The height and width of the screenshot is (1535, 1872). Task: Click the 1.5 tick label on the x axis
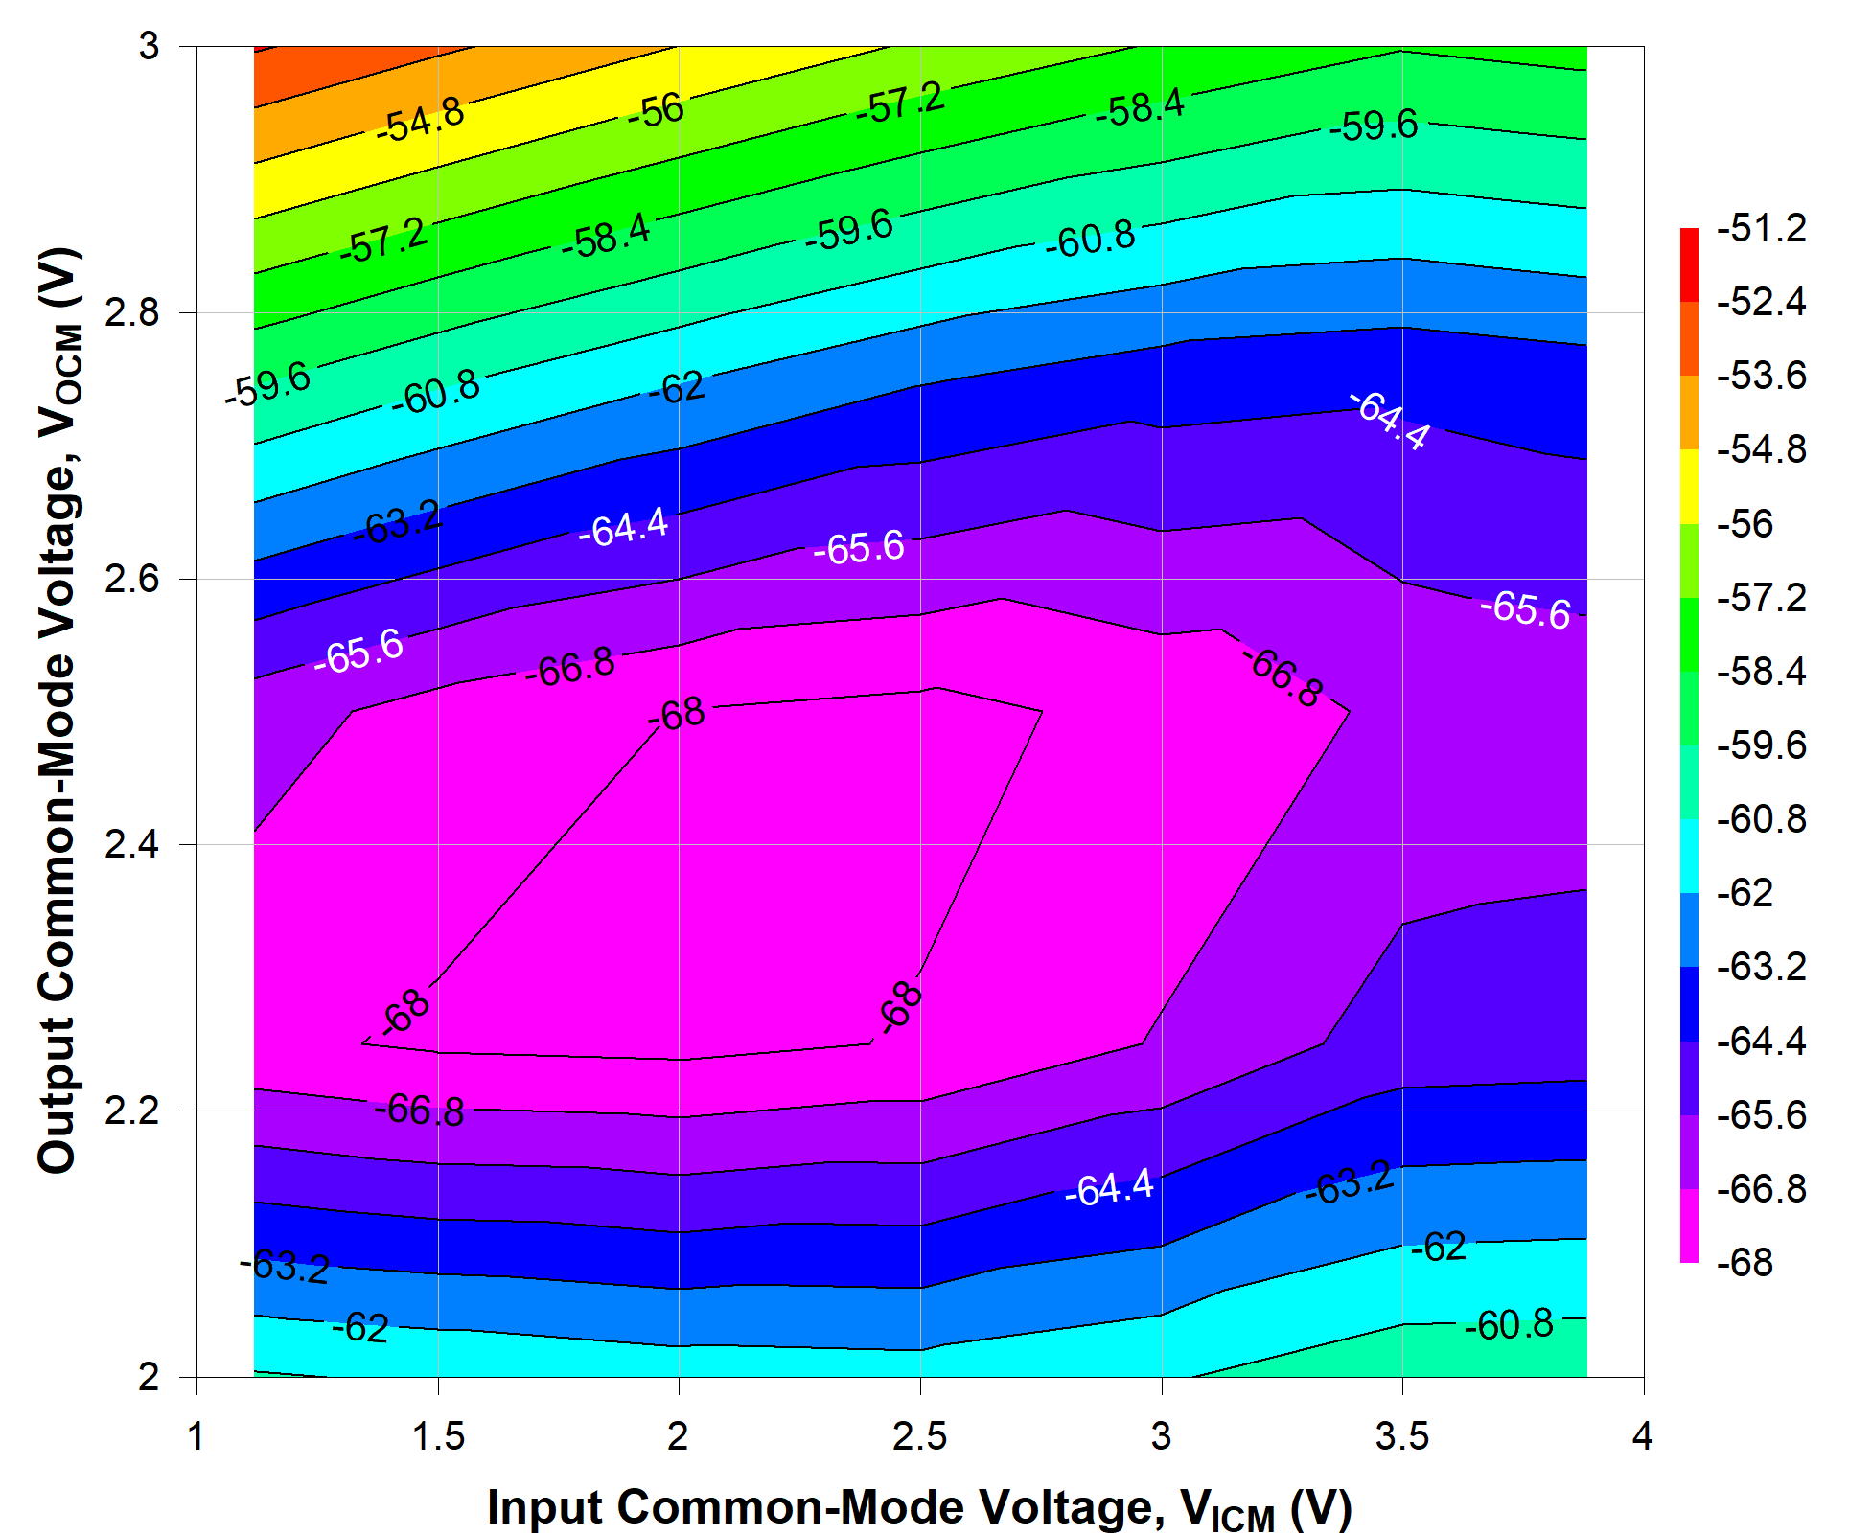(438, 1436)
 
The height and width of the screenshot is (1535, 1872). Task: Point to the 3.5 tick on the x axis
(1402, 1436)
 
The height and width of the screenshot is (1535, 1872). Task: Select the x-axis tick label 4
(1643, 1436)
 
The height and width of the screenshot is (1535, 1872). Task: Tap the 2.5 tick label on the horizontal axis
(919, 1436)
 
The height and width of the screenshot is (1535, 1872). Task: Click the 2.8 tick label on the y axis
(131, 312)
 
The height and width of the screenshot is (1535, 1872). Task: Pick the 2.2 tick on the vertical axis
(131, 1111)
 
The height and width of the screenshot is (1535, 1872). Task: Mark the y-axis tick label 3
(149, 46)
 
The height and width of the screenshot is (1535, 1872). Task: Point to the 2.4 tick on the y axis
(131, 845)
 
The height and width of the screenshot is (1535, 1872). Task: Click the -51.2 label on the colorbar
(1761, 228)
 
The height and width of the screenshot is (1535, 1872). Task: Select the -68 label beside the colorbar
(1745, 1263)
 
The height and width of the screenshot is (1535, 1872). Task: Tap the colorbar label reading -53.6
(1761, 376)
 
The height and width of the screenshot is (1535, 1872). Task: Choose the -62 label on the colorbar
(1745, 893)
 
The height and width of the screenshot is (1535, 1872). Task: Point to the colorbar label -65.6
(1761, 1115)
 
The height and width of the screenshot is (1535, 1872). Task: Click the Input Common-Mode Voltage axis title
(918, 1507)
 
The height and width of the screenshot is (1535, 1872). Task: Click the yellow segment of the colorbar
(1689, 487)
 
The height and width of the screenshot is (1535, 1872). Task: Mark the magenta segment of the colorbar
(1689, 1226)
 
